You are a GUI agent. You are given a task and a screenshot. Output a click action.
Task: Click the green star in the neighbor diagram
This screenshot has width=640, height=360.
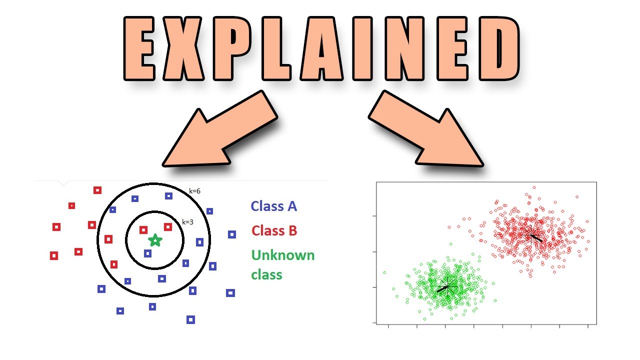coord(155,240)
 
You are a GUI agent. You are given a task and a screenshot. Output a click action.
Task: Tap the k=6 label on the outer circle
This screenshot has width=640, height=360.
coord(194,191)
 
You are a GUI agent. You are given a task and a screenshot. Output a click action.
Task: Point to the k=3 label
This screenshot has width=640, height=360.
coord(187,222)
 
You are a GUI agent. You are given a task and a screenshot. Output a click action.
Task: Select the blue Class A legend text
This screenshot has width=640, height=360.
coord(273,206)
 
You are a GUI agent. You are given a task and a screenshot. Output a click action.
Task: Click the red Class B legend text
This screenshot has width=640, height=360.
coord(274,230)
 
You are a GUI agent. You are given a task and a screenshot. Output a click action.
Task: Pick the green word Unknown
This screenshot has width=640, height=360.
coord(283,255)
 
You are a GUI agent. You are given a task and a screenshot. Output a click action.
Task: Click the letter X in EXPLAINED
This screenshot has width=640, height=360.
coord(183,48)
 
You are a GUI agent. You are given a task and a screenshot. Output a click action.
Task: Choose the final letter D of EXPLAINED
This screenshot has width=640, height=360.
coord(499,48)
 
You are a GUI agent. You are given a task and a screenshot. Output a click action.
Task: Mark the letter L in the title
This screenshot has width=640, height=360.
coord(275,48)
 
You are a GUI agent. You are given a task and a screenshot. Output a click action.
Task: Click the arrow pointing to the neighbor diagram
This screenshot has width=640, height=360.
coord(220,128)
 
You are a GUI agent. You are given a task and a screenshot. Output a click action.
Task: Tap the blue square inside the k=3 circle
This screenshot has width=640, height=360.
coord(147,253)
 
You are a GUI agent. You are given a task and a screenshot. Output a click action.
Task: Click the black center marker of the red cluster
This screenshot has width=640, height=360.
coord(532,236)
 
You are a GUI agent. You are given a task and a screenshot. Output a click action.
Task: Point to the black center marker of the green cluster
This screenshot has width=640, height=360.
coord(447,286)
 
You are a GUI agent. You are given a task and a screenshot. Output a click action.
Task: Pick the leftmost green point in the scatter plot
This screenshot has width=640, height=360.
coord(384,272)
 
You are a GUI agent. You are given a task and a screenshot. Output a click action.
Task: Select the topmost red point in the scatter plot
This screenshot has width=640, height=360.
coord(534,187)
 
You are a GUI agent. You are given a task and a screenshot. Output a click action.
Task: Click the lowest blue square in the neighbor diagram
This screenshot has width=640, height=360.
coord(190,319)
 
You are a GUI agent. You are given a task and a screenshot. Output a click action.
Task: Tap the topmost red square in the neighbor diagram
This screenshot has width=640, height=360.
coord(97,190)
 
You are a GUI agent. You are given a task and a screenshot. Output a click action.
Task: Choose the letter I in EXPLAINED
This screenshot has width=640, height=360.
coord(362,48)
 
